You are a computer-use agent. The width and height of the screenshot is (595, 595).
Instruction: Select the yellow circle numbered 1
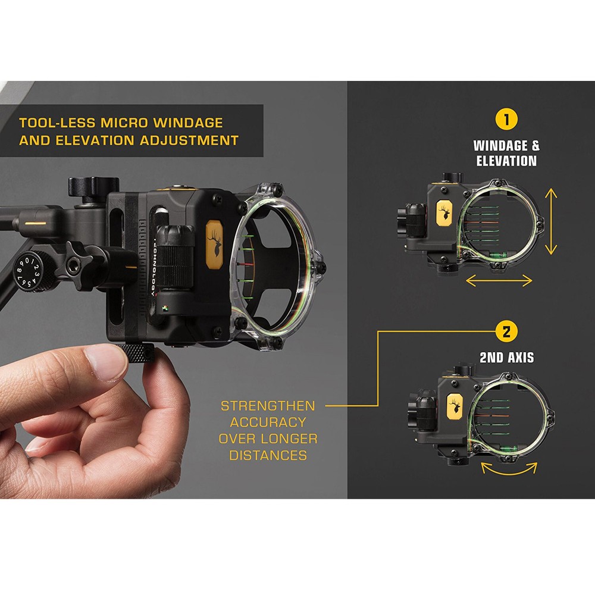coord(506,119)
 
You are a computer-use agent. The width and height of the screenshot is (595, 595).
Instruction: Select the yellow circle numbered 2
coord(506,331)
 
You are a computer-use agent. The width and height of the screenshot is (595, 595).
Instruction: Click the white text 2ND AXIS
coord(506,358)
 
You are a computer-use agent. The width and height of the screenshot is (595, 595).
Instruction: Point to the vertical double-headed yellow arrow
coord(552,221)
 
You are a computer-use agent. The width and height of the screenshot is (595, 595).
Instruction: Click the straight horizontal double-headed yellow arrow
coord(499,280)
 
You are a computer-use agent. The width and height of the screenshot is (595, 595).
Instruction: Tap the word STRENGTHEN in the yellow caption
coord(268,406)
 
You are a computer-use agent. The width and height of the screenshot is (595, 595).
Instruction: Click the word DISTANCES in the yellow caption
coord(268,456)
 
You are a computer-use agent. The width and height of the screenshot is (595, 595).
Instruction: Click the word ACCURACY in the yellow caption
coord(268,422)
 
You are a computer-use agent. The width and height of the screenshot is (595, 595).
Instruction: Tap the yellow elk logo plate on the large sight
coord(215,241)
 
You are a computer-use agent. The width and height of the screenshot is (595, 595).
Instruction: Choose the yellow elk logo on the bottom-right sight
coord(456,408)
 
